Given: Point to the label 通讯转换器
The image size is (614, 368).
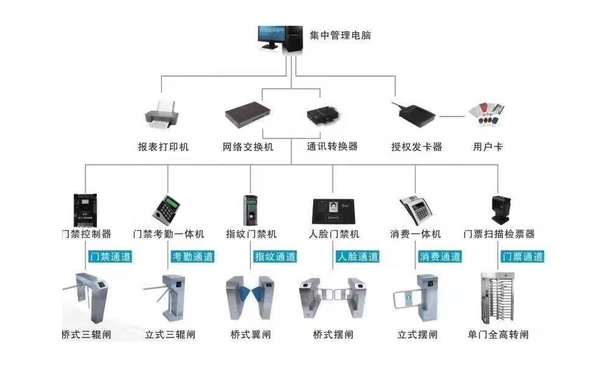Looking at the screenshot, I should tap(332, 147).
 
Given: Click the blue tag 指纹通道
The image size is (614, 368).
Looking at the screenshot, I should tap(275, 256).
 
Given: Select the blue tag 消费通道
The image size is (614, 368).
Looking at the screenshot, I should tap(440, 256).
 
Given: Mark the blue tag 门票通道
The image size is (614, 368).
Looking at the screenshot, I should tap(522, 256).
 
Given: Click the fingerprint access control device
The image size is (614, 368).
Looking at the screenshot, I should tap(251, 209).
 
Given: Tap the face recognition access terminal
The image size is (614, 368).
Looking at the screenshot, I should tap(333, 210).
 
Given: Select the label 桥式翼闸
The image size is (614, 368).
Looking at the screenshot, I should tap(251, 335).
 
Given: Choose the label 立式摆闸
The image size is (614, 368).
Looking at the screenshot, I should tap(418, 335).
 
